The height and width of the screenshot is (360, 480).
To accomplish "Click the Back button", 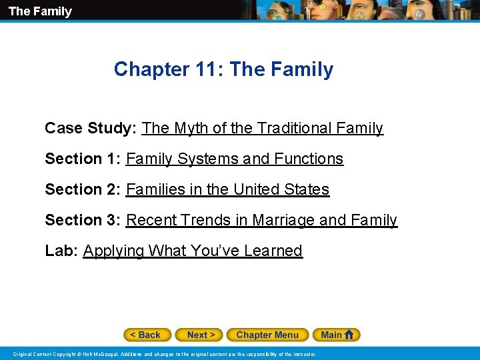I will [147, 335].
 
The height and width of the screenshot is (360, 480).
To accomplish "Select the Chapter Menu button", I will [267, 335].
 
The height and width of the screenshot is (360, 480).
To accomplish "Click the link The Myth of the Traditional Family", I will [263, 128].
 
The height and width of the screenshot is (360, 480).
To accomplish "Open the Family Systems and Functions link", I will [235, 159].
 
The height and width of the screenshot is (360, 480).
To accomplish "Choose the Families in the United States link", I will [227, 189].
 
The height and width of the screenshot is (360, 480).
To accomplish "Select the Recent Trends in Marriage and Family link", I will [261, 220].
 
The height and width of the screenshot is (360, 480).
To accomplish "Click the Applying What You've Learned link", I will [193, 251].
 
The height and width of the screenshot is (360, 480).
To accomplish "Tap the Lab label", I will [61, 251].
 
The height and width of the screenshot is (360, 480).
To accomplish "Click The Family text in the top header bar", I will [40, 11].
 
